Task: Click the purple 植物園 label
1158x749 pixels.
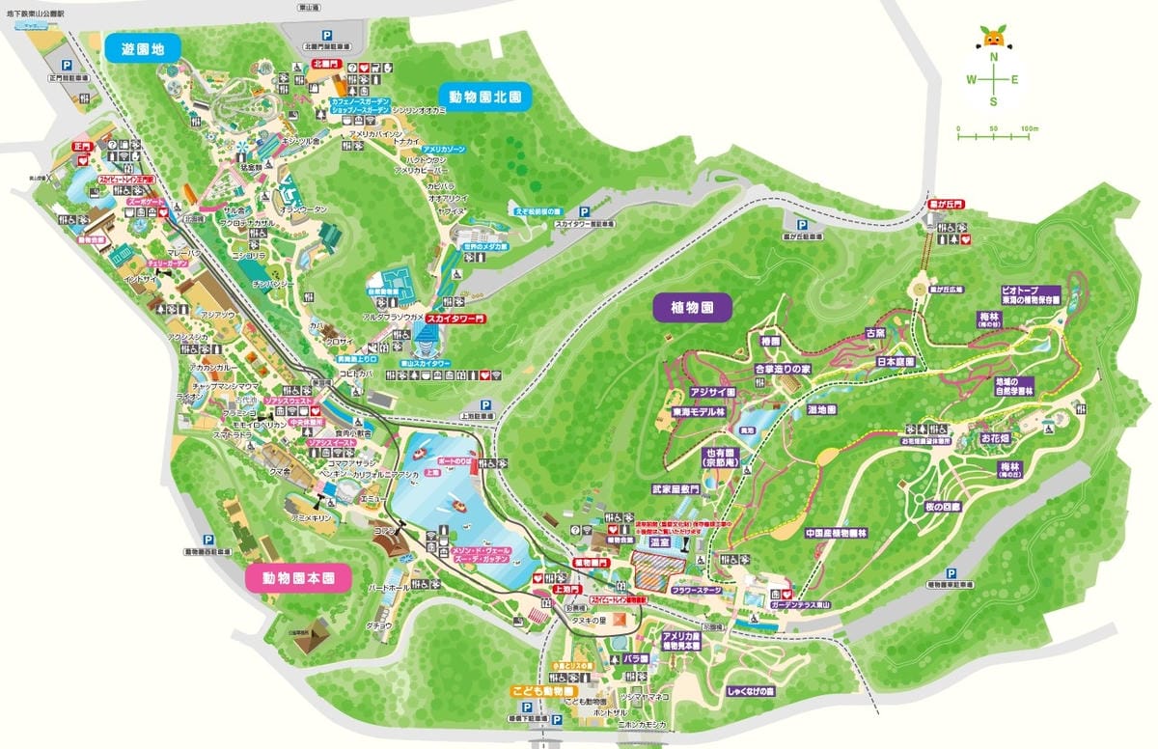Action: click(x=693, y=308)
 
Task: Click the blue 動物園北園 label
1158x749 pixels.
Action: click(x=485, y=97)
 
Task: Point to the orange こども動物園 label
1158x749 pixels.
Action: click(x=543, y=692)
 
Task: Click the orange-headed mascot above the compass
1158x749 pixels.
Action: click(x=993, y=40)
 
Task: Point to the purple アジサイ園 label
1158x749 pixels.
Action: click(x=713, y=393)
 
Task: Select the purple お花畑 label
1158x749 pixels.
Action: click(x=996, y=437)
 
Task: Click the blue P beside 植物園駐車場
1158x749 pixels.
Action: click(x=951, y=571)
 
